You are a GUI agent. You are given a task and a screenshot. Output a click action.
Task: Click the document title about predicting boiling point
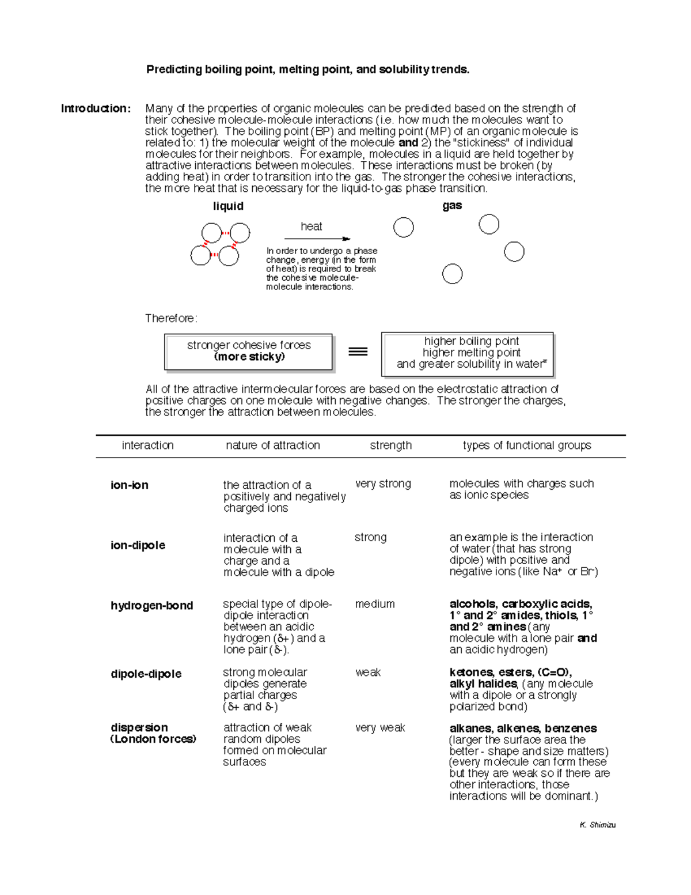click(x=307, y=70)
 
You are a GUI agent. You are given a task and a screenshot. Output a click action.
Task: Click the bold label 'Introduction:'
click(x=96, y=108)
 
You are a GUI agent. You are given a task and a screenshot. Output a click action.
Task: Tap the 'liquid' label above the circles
click(x=228, y=206)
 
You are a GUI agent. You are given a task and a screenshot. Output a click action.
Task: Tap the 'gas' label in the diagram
click(x=452, y=206)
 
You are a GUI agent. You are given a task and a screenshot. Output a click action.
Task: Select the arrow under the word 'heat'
click(x=317, y=239)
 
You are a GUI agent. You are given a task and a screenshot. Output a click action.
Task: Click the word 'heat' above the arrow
click(x=311, y=226)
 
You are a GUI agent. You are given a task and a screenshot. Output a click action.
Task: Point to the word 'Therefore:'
click(x=171, y=318)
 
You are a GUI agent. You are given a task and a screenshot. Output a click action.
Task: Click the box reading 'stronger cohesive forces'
click(x=248, y=352)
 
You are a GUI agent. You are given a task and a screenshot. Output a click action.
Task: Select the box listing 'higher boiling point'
click(x=467, y=353)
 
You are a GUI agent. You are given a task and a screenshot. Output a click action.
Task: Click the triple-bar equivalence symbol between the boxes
click(x=358, y=352)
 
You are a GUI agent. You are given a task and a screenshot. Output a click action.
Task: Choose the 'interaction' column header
click(x=147, y=445)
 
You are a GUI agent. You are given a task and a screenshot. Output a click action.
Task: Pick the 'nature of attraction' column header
click(x=272, y=445)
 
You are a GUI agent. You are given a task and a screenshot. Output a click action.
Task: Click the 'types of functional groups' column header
click(x=527, y=445)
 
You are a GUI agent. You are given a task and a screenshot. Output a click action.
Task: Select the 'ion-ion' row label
click(x=130, y=485)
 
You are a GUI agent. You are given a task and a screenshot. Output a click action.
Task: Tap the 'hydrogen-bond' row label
click(x=151, y=606)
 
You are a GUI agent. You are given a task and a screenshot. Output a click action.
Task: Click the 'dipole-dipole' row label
click(x=146, y=674)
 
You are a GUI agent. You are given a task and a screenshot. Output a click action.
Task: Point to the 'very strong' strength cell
click(x=383, y=484)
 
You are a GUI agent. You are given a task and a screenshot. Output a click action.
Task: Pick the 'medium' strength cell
click(x=375, y=604)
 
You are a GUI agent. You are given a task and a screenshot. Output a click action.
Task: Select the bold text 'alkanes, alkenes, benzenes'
click(x=523, y=728)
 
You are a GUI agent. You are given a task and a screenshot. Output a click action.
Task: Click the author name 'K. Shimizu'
click(x=598, y=825)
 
